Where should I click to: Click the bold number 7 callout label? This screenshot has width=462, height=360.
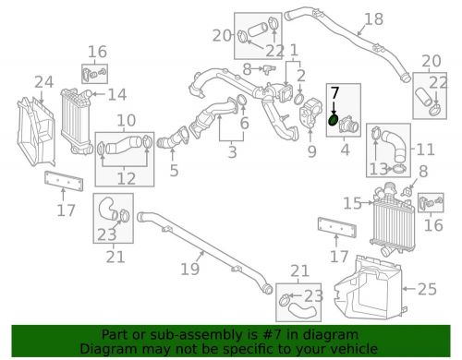coord(335,94)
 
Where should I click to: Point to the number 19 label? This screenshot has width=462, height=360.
coord(189,270)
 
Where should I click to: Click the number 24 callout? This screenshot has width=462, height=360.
coord(44,83)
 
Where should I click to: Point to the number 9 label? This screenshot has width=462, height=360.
coord(311,151)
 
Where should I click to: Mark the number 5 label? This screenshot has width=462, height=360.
coord(174,172)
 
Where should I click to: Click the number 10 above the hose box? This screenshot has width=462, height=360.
coord(126,120)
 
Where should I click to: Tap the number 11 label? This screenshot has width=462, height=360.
coord(424,149)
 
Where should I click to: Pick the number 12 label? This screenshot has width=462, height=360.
coord(126,179)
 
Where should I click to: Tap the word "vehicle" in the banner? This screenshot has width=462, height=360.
coord(351,348)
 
